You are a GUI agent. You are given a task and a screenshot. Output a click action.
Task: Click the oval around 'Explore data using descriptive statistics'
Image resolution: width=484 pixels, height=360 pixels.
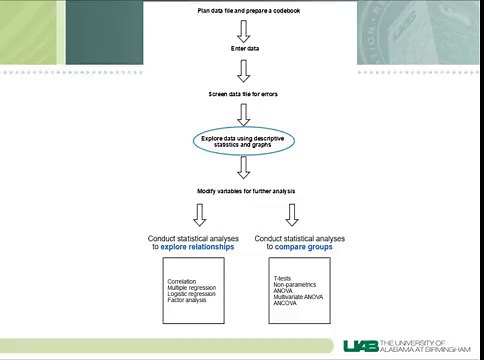(243, 142)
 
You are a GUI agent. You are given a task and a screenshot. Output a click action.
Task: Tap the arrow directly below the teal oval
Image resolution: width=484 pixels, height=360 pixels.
(243, 168)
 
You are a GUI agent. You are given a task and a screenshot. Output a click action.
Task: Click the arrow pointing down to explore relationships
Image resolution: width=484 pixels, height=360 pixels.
(199, 214)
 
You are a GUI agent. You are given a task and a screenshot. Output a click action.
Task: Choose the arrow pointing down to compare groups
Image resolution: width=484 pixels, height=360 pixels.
(291, 214)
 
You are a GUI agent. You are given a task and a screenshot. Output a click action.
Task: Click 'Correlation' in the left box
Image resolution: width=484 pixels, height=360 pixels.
(184, 281)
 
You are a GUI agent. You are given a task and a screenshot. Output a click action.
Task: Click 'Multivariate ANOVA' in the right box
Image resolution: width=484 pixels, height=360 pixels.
(298, 296)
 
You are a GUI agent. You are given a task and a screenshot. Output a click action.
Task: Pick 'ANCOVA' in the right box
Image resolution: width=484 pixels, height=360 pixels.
(286, 302)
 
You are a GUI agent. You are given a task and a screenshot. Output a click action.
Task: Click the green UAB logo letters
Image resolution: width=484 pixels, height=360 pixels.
(362, 345)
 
